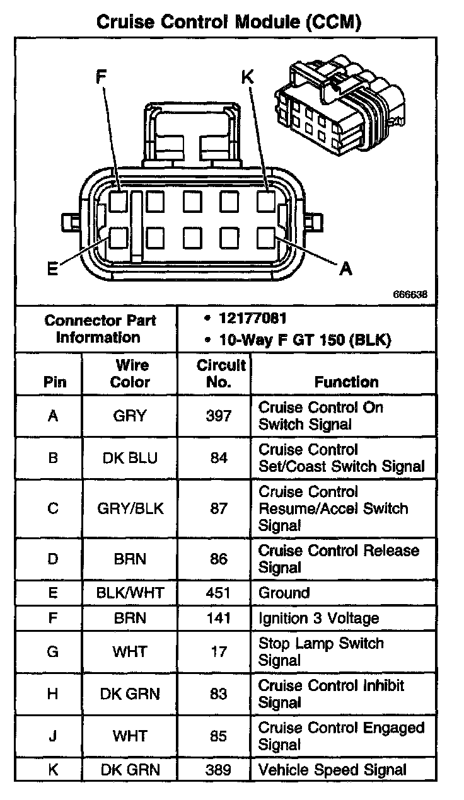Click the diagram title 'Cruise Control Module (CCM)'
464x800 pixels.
(x=228, y=23)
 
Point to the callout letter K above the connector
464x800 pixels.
(x=247, y=77)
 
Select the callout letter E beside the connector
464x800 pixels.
(x=53, y=269)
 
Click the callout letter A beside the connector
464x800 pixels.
(x=345, y=269)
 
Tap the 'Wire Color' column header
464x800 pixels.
(x=130, y=373)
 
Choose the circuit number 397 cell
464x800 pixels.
(x=218, y=416)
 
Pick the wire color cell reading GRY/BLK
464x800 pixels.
(x=130, y=508)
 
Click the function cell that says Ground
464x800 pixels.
(x=284, y=593)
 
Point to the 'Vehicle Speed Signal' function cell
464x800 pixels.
(x=332, y=769)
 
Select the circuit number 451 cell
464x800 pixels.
(x=218, y=593)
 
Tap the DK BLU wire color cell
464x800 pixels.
(x=130, y=458)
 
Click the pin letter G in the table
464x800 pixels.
(x=53, y=651)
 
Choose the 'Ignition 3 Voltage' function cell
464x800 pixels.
(x=318, y=618)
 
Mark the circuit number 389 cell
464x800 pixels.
(x=218, y=769)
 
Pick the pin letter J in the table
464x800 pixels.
(x=53, y=736)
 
